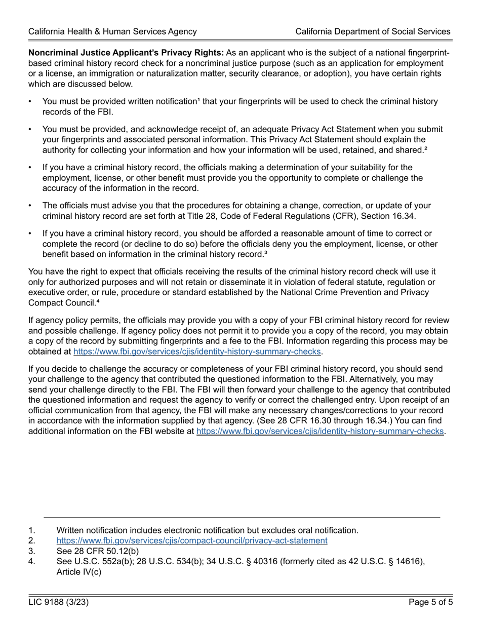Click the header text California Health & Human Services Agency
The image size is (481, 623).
pyautogui.click(x=112, y=31)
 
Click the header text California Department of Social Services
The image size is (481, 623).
pyautogui.click(x=373, y=31)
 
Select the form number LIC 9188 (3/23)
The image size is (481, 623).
pyautogui.click(x=59, y=602)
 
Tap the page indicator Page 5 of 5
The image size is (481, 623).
pyautogui.click(x=431, y=602)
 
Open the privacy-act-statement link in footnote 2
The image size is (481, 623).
pyautogui.click(x=192, y=540)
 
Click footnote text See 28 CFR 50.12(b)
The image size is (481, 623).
pyautogui.click(x=98, y=551)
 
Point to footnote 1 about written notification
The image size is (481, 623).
pyautogui.click(x=207, y=530)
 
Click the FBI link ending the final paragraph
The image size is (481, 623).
pyautogui.click(x=319, y=431)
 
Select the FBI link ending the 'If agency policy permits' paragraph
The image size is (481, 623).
pyautogui.click(x=197, y=351)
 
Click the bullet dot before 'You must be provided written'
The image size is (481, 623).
pyautogui.click(x=31, y=102)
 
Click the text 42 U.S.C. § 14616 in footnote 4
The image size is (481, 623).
pyautogui.click(x=386, y=561)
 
